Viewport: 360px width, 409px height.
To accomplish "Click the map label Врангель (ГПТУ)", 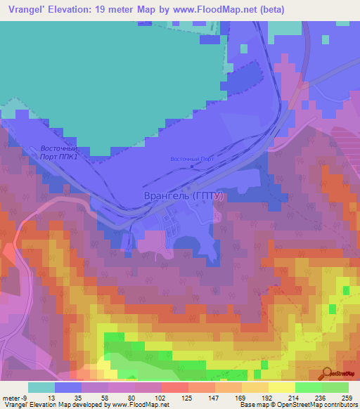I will pos(183,197).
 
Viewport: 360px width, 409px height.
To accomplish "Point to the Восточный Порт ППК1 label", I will pos(57,152).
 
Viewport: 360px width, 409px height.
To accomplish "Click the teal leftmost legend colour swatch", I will pos(41,387).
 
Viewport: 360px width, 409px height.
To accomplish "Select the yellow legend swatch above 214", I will pos(282,387).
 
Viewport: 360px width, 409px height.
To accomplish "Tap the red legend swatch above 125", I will pos(175,387).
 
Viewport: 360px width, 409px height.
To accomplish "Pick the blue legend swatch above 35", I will pos(68,387).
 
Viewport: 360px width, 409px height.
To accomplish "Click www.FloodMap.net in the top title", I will pos(230,10).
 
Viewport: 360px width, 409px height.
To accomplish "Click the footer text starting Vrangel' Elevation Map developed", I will pos(86,405).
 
